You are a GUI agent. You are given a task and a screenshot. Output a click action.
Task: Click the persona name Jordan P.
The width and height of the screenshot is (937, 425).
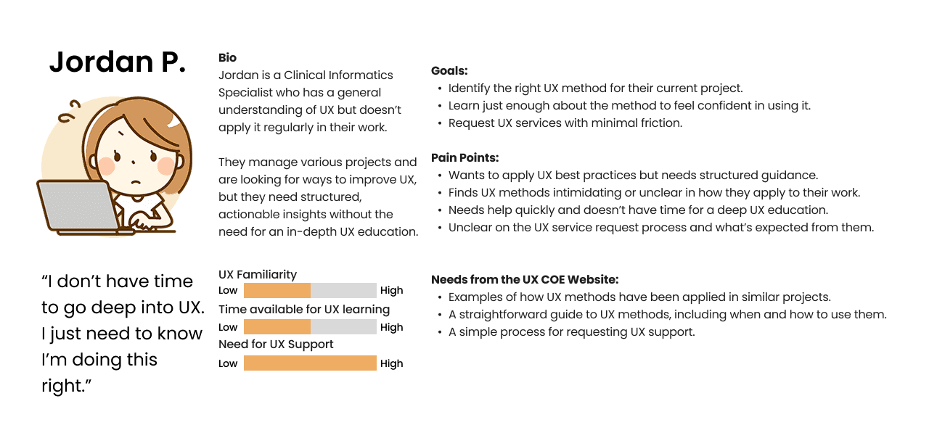(118, 62)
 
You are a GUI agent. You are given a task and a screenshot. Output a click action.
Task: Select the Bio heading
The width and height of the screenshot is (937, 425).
(227, 58)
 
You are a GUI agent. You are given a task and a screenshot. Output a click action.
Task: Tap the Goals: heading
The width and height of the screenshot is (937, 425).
(449, 70)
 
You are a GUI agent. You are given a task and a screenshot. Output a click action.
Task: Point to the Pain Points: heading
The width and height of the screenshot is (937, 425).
(465, 157)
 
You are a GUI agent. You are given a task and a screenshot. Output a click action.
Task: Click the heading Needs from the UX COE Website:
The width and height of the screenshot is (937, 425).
(525, 279)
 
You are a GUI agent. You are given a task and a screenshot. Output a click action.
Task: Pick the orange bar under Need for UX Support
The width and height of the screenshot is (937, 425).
(310, 363)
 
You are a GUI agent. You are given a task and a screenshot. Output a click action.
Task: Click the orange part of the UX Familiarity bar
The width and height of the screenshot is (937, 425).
(277, 290)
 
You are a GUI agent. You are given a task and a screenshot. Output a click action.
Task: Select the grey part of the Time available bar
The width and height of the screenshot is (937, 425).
(343, 327)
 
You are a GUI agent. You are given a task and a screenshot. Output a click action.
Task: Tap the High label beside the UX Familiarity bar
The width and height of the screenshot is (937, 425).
(391, 290)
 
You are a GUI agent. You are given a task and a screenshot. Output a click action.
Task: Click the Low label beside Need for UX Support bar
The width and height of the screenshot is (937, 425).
(228, 363)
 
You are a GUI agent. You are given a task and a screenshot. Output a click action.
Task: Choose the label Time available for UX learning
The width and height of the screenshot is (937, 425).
(304, 309)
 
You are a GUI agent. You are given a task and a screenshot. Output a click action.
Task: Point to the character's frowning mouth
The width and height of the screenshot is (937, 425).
(136, 182)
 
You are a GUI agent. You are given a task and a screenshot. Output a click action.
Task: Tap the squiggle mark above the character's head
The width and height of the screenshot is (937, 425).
(69, 112)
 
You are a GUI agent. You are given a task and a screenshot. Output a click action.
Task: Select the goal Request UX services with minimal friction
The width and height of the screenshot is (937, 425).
(565, 123)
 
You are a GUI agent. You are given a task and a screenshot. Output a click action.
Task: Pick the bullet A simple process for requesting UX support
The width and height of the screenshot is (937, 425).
(572, 332)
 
